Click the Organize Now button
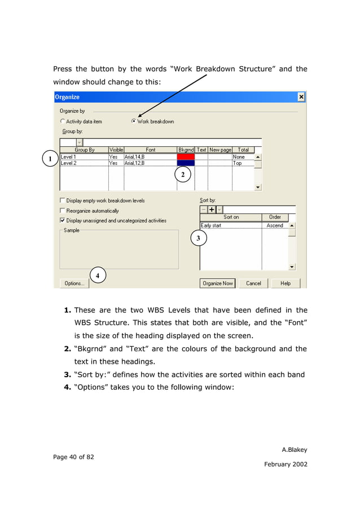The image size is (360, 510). click(217, 283)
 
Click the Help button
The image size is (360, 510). click(286, 283)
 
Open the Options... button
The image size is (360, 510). click(74, 283)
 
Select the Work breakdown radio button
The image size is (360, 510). click(134, 121)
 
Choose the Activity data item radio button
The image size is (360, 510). click(63, 121)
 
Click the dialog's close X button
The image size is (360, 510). click(301, 97)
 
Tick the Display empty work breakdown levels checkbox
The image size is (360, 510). click(63, 200)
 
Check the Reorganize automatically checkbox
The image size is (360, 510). click(63, 211)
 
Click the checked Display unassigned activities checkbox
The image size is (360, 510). click(63, 221)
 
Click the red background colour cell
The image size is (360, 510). click(186, 156)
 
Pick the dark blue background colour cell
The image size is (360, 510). click(186, 163)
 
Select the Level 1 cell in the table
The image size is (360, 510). click(84, 156)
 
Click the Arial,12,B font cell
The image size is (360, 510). click(150, 163)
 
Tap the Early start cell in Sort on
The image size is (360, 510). click(230, 225)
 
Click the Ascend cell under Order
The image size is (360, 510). click(275, 225)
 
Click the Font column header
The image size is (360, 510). click(150, 150)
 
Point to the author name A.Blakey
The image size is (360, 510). click(294, 450)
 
